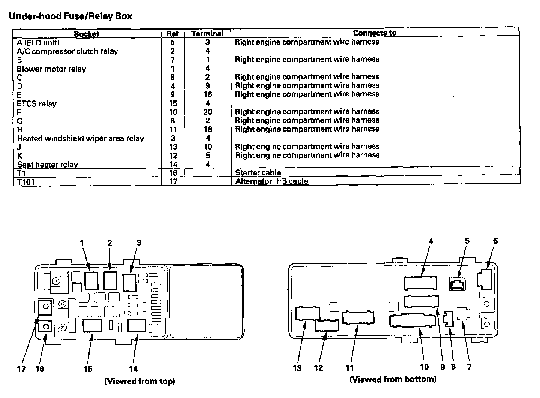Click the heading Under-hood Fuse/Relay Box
(x=70, y=16)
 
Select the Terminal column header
(x=207, y=34)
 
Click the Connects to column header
(x=375, y=33)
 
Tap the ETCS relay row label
(x=37, y=103)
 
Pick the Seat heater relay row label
(x=48, y=165)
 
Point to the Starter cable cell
(x=258, y=173)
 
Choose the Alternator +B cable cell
(x=271, y=181)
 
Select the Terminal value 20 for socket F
(x=208, y=112)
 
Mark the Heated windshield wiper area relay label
(x=81, y=139)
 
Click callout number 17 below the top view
(x=21, y=369)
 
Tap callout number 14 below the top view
(x=133, y=369)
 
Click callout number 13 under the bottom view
(x=297, y=368)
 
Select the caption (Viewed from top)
(x=139, y=382)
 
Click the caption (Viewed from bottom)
(x=393, y=379)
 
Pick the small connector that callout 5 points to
(x=457, y=284)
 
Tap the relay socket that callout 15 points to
(x=92, y=325)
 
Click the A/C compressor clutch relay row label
(x=67, y=51)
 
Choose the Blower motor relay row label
(x=51, y=69)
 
